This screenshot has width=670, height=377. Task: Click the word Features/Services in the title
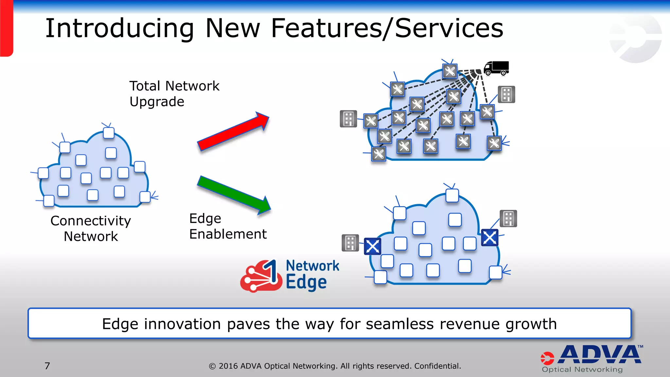pyautogui.click(x=387, y=28)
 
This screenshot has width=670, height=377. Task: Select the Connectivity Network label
pyautogui.click(x=91, y=228)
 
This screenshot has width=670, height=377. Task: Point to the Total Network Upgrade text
pyautogui.click(x=174, y=94)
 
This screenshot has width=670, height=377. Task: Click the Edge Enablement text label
pyautogui.click(x=228, y=226)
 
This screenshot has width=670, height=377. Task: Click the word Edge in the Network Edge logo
pyautogui.click(x=306, y=282)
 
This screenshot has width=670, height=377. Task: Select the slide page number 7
pyautogui.click(x=47, y=366)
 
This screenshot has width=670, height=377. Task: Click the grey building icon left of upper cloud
pyautogui.click(x=348, y=118)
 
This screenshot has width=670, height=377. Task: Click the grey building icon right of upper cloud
pyautogui.click(x=506, y=95)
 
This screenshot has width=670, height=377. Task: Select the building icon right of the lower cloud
pyautogui.click(x=508, y=219)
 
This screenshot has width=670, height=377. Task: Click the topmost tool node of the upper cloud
pyautogui.click(x=450, y=71)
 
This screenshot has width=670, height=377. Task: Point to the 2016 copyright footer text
pyautogui.click(x=335, y=366)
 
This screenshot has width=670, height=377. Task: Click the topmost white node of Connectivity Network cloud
pyautogui.click(x=109, y=133)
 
